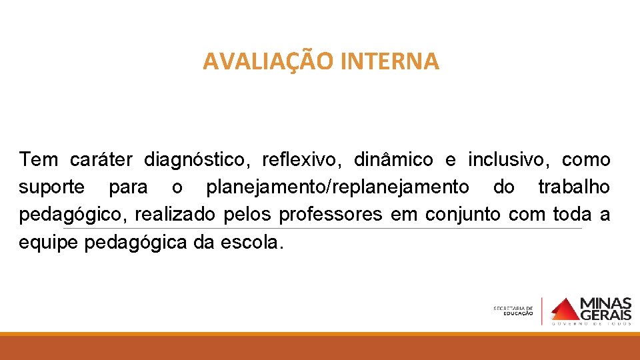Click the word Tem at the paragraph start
pyautogui.click(x=39, y=160)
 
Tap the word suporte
pyautogui.click(x=51, y=187)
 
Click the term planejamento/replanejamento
pyautogui.click(x=337, y=187)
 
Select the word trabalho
pyautogui.click(x=573, y=187)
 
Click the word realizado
pyautogui.click(x=175, y=215)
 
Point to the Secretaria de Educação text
pyautogui.click(x=513, y=311)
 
